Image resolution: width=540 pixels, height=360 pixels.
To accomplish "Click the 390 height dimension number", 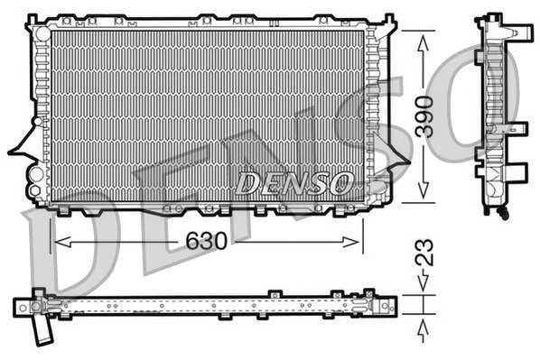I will coord(424,115).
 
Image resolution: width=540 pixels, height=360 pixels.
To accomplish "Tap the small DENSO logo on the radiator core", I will coord(293,183).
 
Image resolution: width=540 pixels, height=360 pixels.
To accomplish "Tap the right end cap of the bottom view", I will coord(386,305).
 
